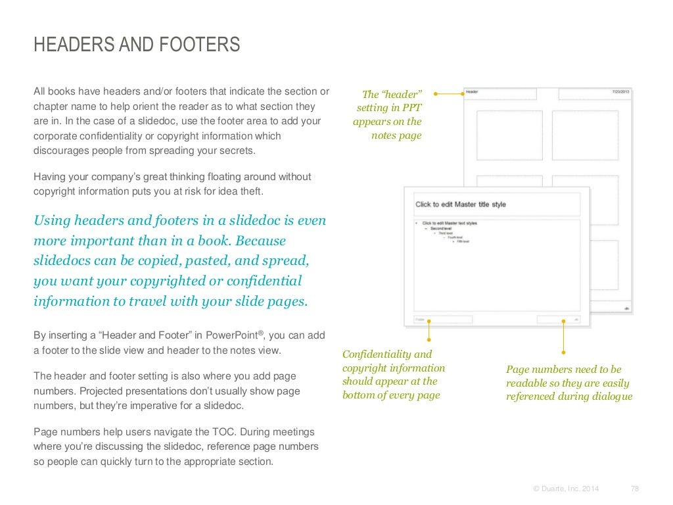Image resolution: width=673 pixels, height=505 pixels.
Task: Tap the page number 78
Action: pos(634,489)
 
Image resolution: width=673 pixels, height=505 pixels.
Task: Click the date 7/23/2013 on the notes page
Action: pos(620,92)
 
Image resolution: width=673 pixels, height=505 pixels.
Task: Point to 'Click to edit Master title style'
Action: pos(461,204)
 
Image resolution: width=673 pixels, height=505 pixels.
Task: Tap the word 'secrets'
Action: pos(237,151)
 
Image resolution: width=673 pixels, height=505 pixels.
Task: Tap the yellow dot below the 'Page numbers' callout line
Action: pos(563,351)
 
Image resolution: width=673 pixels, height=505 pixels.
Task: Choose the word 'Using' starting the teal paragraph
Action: pos(51,220)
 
